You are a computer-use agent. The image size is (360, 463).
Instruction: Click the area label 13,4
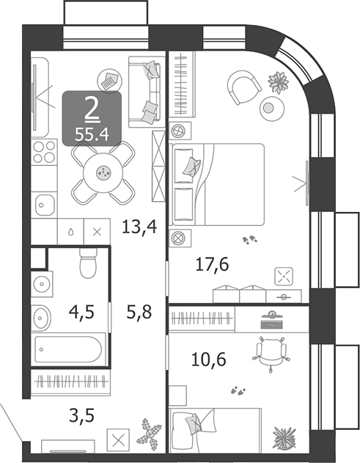coord(140,226)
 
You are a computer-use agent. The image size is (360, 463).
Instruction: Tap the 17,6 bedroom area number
coord(213,264)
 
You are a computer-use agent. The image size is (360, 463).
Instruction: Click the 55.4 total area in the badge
coord(92,134)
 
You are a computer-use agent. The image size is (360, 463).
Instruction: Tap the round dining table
coord(103,172)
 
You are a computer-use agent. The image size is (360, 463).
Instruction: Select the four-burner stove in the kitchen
coord(44,155)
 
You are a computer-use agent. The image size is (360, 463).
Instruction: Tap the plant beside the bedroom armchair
coord(278,81)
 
